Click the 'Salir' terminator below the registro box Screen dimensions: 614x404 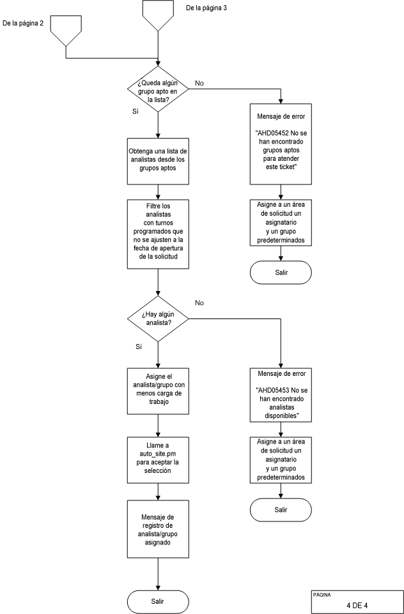tap(157, 602)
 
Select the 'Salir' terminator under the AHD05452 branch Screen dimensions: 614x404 tap(281, 272)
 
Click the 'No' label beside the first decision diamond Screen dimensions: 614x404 tap(199, 84)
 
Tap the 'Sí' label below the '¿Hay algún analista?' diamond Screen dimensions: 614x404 tap(138, 347)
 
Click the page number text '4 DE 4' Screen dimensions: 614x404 tap(357, 604)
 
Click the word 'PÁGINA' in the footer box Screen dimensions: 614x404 tap(322, 594)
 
